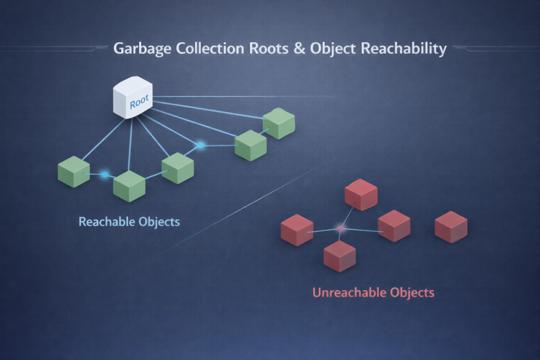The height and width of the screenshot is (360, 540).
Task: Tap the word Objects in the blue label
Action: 159,221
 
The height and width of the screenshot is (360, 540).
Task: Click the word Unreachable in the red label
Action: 349,292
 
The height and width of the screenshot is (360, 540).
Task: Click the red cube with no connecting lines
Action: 451,227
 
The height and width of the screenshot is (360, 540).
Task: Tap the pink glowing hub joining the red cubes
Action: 340,229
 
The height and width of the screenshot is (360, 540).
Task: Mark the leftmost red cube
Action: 297,230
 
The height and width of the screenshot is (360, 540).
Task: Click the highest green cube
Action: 278,123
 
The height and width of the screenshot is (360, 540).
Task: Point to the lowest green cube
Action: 129,186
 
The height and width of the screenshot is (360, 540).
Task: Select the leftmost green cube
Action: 73,172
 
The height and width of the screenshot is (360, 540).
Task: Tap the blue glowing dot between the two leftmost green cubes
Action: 104,174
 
